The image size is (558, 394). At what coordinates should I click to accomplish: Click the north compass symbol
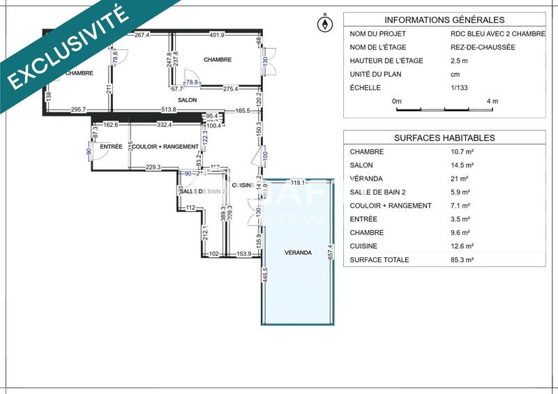click(324, 24)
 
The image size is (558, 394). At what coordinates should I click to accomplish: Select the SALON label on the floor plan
click(186, 100)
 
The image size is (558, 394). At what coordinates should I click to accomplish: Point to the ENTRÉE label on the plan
click(111, 146)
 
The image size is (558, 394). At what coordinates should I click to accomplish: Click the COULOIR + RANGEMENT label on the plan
click(165, 146)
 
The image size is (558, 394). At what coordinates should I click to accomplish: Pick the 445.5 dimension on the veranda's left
click(265, 275)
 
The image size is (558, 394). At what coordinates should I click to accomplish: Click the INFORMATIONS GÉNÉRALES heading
click(444, 20)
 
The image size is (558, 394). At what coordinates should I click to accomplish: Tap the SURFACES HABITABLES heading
click(444, 137)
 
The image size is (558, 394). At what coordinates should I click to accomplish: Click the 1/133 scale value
click(460, 87)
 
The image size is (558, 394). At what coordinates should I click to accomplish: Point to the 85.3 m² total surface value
click(462, 259)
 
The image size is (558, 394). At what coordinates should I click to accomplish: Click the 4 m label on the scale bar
click(492, 101)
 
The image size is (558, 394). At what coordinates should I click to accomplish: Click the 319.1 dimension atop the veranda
click(298, 183)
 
